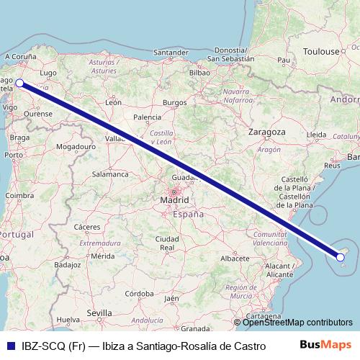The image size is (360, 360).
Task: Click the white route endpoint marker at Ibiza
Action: click(x=342, y=254)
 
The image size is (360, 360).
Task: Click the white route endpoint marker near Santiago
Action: click(x=19, y=83)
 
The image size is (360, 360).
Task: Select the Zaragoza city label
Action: click(x=267, y=132)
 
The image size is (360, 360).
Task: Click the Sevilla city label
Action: click(x=99, y=312)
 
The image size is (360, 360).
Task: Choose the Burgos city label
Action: click(x=175, y=102)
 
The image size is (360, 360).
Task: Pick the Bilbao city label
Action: click(x=199, y=73)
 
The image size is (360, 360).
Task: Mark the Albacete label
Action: click(x=235, y=257)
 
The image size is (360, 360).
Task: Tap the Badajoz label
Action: click(x=67, y=264)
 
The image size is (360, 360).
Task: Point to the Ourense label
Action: click(x=37, y=113)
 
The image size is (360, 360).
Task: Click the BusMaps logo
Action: click(x=325, y=344)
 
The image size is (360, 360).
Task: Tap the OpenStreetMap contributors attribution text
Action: click(x=297, y=322)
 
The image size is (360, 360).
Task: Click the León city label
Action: click(x=113, y=102)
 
